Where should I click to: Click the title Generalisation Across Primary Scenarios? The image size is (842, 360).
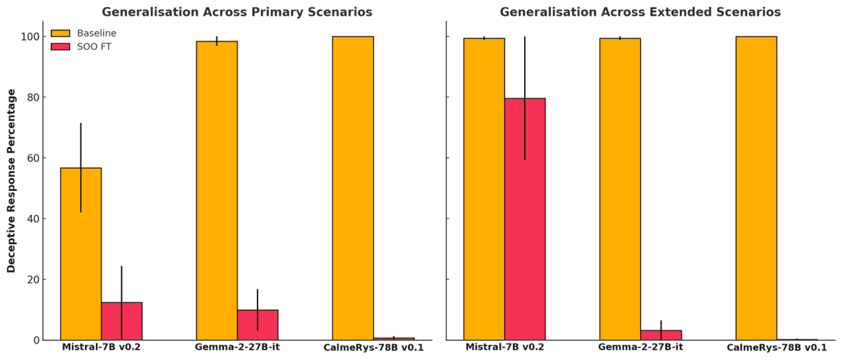coord(237,12)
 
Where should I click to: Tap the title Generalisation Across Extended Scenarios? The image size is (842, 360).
coord(639,12)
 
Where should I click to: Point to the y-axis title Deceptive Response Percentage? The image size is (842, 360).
coord(11,181)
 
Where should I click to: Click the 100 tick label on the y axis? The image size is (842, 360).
coord(29,36)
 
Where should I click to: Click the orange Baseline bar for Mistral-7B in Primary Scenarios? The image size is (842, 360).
coord(80,254)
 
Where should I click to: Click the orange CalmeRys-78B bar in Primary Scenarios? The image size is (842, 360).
coord(352,188)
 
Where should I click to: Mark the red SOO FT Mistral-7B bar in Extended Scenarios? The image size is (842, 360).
coord(525,219)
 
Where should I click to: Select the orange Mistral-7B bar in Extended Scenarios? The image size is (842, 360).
coord(483,189)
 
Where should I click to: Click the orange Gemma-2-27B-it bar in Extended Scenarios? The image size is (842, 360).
coord(619,189)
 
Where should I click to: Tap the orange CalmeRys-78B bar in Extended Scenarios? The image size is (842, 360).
coord(755,188)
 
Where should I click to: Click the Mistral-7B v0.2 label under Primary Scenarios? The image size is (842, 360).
coord(101,347)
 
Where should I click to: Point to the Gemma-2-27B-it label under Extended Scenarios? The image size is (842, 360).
coord(640,347)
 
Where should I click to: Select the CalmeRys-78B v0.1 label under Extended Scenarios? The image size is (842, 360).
coord(777,348)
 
